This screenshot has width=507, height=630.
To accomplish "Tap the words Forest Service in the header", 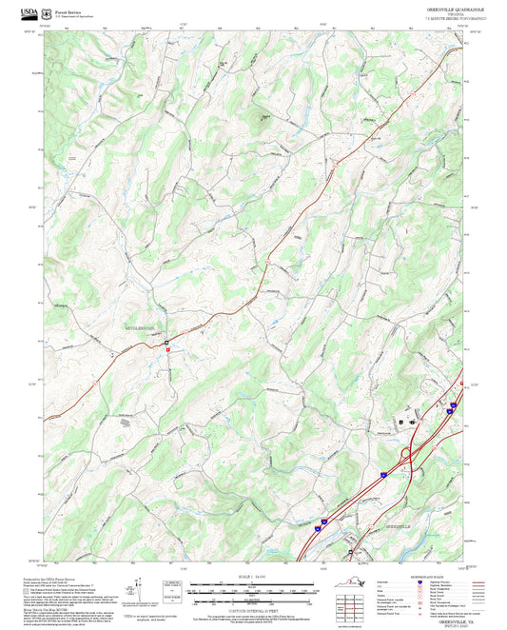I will (69, 11).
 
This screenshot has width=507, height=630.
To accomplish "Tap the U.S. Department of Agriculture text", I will (75, 17).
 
